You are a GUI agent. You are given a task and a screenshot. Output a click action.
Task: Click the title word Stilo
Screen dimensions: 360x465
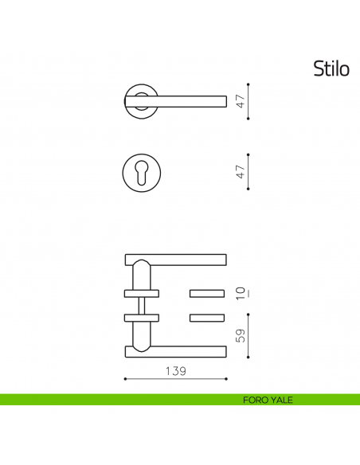click(x=331, y=68)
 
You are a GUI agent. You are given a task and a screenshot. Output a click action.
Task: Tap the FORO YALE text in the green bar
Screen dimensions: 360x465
click(x=268, y=400)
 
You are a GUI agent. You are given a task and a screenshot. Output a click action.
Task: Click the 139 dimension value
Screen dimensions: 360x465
click(x=175, y=371)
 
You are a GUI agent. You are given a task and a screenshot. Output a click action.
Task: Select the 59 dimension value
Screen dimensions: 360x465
click(x=241, y=336)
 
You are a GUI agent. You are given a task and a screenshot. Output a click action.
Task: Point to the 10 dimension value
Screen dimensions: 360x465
click(x=241, y=293)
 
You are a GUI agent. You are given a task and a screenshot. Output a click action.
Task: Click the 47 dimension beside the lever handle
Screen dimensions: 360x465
click(x=241, y=101)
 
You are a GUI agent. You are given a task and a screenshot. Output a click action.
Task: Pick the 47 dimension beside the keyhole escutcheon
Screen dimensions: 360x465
click(x=241, y=172)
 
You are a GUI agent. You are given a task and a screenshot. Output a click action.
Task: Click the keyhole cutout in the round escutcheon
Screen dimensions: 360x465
click(x=142, y=172)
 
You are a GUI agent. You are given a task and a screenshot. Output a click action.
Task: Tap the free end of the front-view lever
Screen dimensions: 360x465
click(x=226, y=101)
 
